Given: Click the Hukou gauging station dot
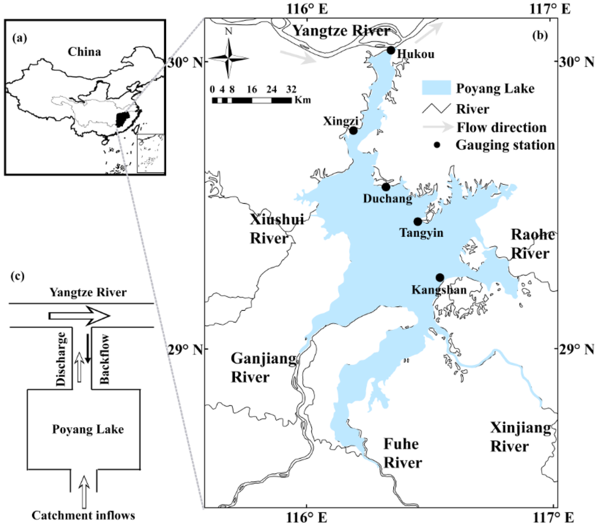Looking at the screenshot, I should [391, 50].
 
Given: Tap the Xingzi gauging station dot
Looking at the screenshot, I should [353, 130].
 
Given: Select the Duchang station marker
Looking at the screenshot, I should [385, 187].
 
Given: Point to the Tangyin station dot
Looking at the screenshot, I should [417, 221].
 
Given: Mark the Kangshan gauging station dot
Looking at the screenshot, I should [440, 278].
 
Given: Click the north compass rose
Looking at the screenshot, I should [229, 57].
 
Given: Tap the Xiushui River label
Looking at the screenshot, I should [268, 230].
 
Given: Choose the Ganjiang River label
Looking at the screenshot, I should [250, 367].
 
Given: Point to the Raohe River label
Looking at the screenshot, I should [531, 244].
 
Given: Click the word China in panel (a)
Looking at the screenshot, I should [84, 52].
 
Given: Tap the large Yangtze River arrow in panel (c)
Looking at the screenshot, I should [79, 315].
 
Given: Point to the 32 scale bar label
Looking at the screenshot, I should [291, 90].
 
